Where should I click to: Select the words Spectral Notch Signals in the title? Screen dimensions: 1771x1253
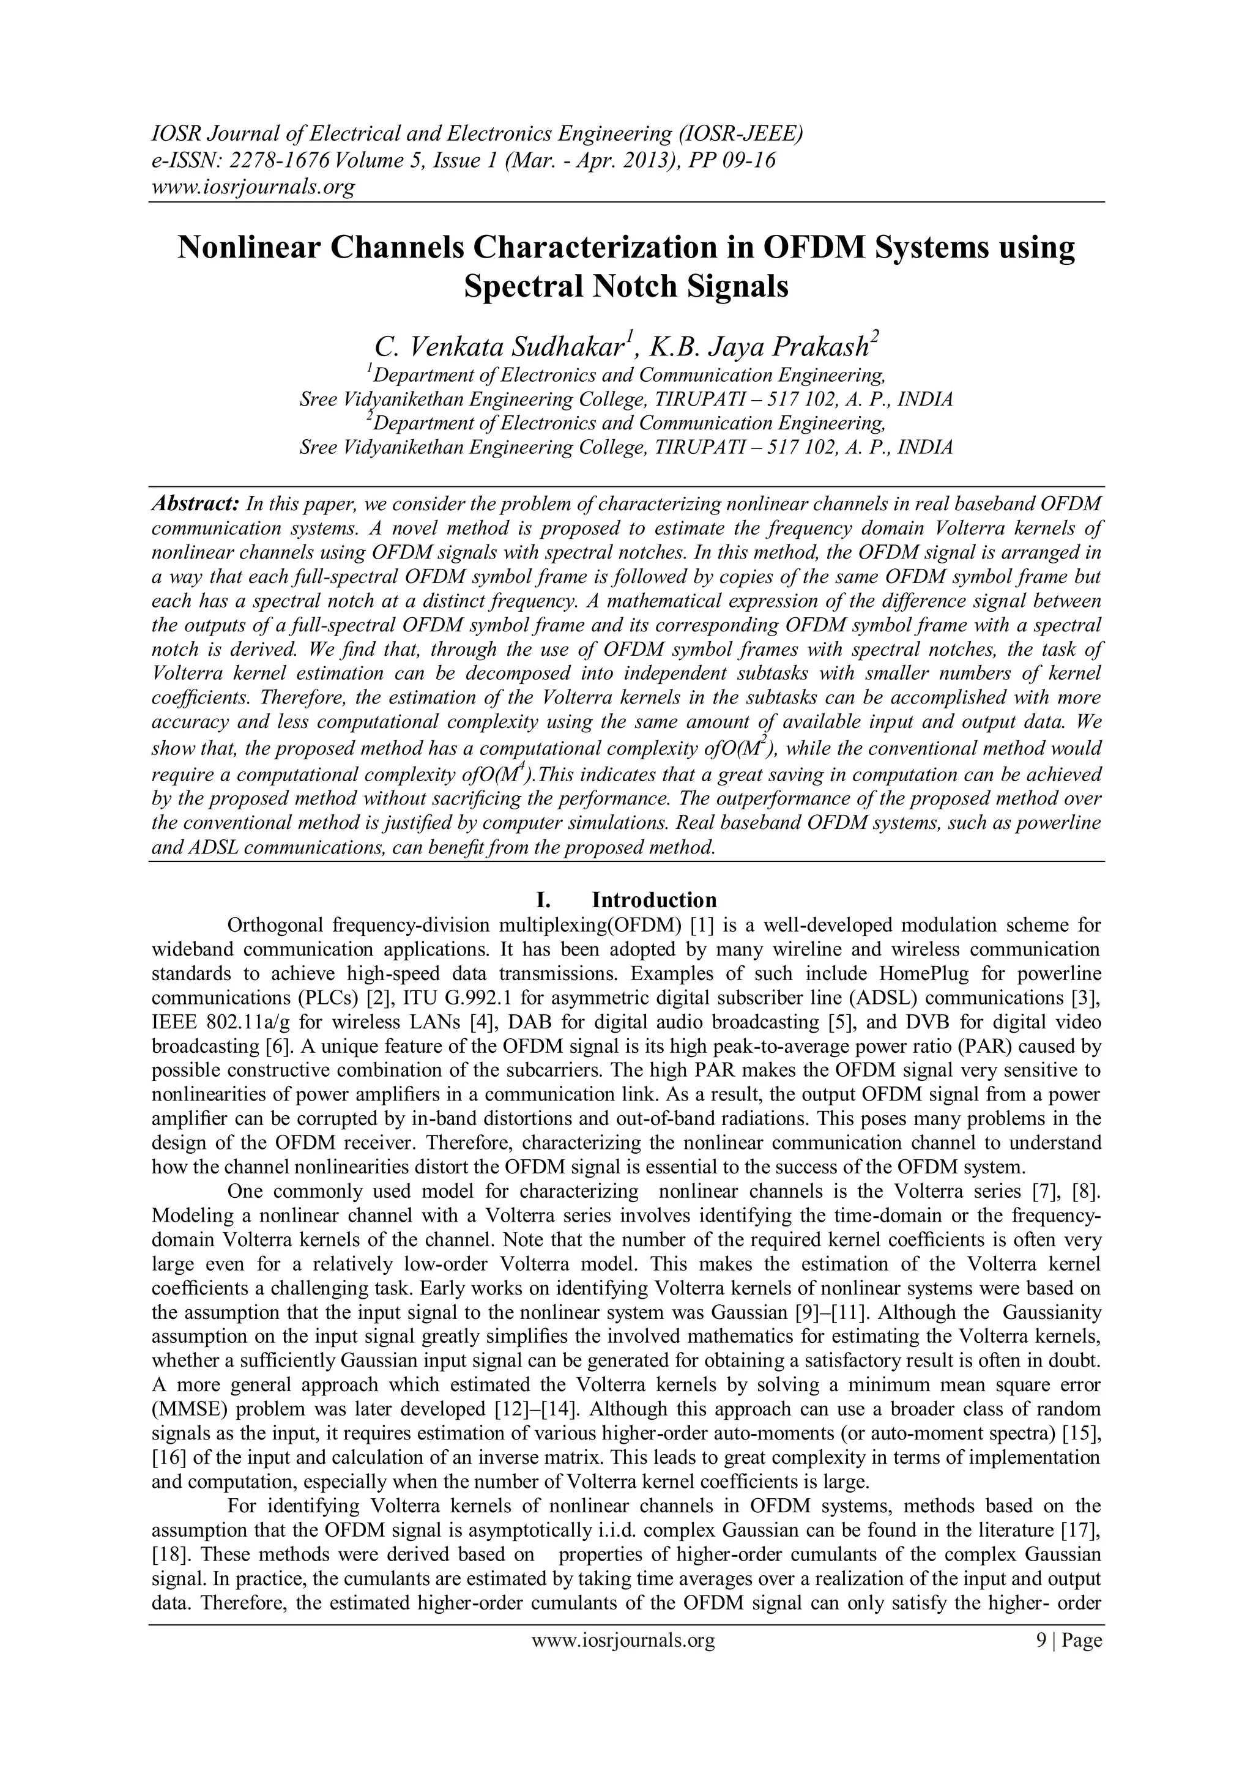[626, 286]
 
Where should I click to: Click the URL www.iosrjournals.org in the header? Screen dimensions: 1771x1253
[251, 187]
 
